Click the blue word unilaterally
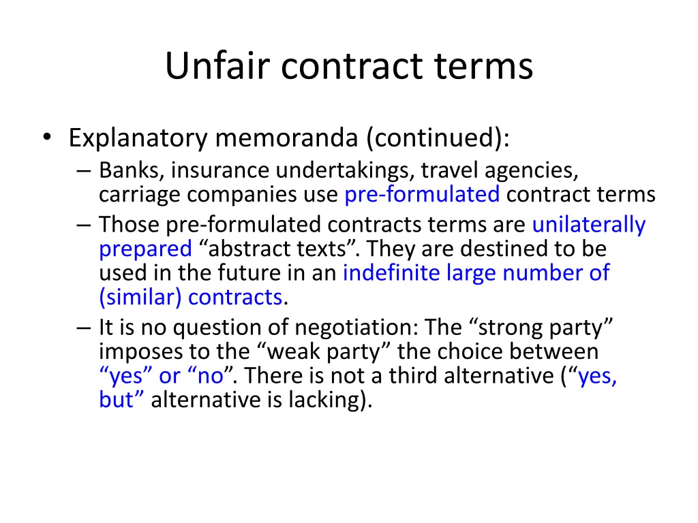point(588,224)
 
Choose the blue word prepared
point(145,249)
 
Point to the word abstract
point(253,249)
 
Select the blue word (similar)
point(140,298)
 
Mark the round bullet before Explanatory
point(46,139)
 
